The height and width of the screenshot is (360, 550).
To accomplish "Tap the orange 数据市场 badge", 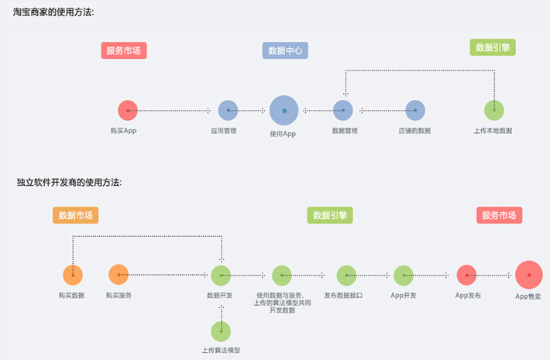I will (x=76, y=215).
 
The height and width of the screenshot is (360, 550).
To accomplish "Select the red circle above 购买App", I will (x=127, y=111).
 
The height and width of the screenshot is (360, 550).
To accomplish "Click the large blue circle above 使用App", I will (x=284, y=111).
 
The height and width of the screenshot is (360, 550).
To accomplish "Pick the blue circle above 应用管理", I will (x=228, y=111).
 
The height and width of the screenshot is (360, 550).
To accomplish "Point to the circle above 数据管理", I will (x=343, y=111).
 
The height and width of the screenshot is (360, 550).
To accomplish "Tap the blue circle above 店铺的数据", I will (x=414, y=111).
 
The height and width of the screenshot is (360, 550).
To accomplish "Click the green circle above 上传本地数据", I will (x=493, y=111).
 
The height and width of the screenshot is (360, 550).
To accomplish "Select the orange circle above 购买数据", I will (x=73, y=275).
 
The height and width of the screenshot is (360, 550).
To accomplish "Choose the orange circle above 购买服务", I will (x=119, y=274).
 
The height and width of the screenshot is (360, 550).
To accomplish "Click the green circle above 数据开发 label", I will (x=221, y=275).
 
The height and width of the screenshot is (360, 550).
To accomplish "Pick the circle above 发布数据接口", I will (x=346, y=275).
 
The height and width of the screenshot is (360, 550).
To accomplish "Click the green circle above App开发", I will (x=404, y=275).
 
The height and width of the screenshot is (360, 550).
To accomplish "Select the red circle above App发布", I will (x=466, y=275).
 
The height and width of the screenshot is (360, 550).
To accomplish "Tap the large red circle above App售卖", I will (x=529, y=275).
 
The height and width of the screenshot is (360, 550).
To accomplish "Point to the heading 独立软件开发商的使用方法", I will (x=69, y=183).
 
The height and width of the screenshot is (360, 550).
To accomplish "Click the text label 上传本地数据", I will (x=493, y=131).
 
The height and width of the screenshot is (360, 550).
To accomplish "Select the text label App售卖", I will (x=529, y=297).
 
